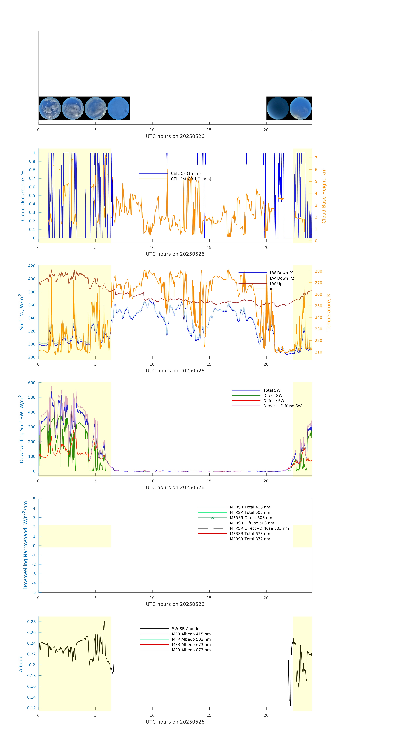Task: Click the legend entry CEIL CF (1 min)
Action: coord(186,173)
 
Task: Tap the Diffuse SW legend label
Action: coord(273,401)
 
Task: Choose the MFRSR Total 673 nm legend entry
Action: coord(250,534)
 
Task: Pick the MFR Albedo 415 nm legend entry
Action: coord(191,634)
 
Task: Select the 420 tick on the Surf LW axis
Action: coord(32,266)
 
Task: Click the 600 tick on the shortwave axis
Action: coord(32,383)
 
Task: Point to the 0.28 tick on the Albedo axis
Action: coord(31,622)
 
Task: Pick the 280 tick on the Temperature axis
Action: coord(318,271)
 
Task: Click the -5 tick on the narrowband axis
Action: coord(34,593)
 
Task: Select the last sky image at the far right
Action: coord(300,108)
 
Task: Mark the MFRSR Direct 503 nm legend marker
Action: coord(212,518)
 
